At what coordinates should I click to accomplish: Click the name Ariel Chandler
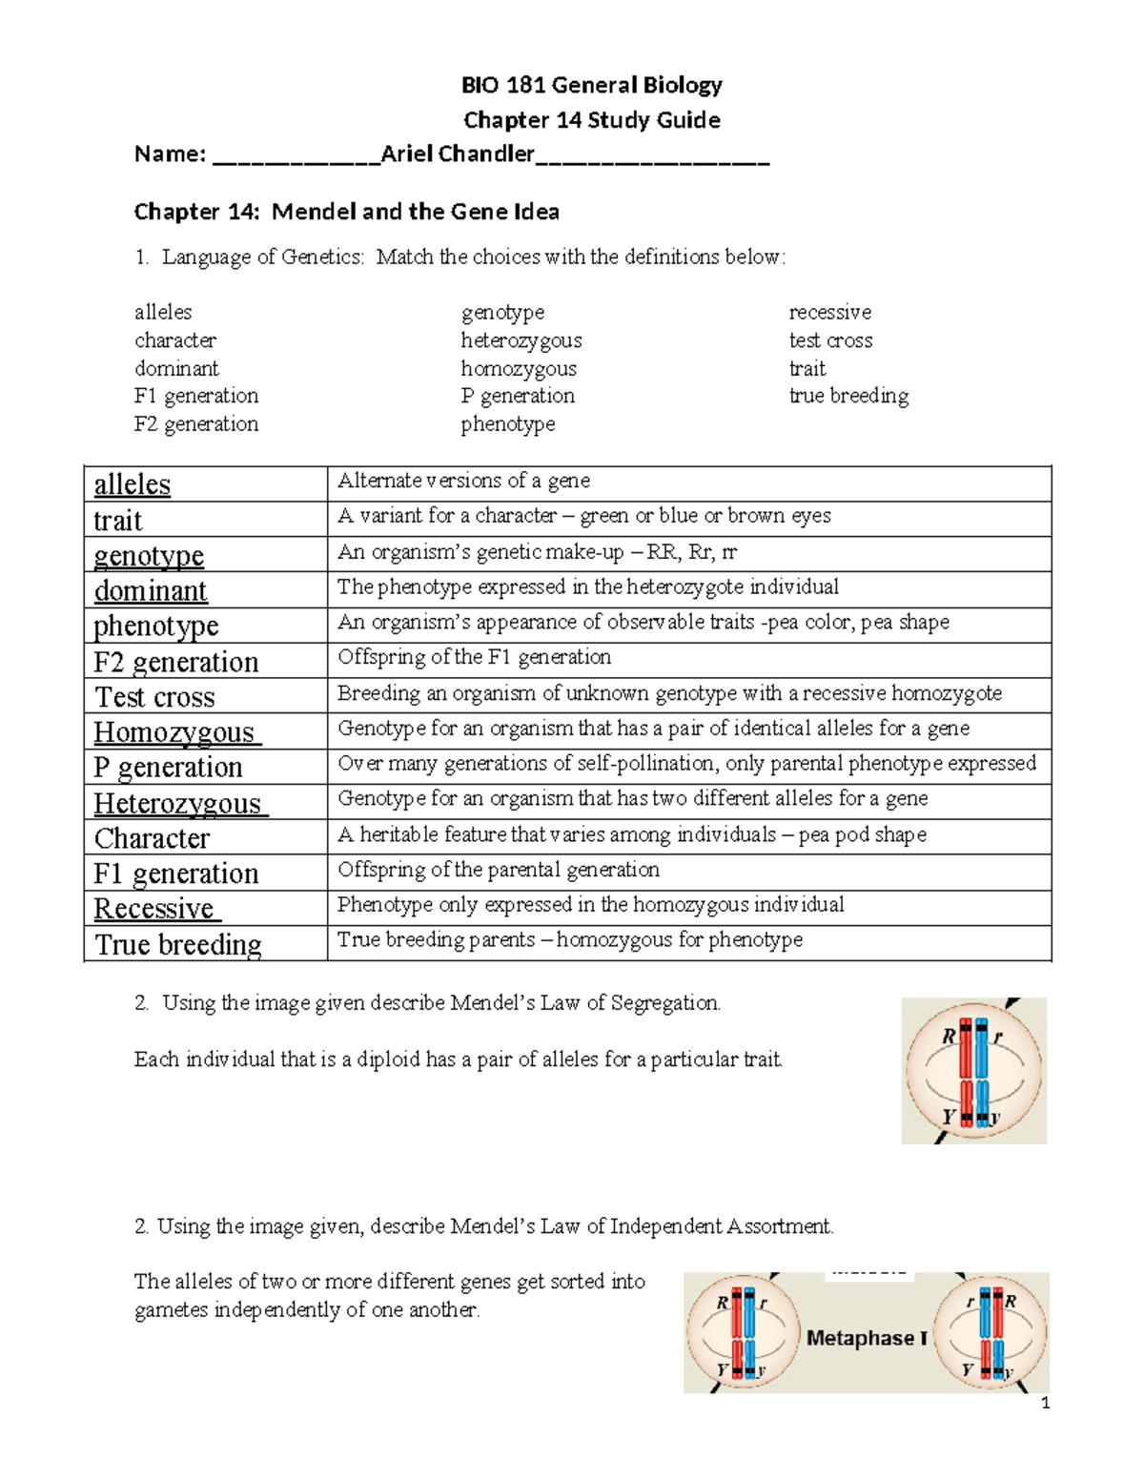(458, 154)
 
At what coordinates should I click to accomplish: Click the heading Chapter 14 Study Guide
(591, 120)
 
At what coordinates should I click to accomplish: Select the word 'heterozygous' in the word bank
(521, 340)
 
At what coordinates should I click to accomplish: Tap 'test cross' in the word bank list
(830, 340)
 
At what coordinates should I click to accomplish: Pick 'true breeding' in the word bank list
(848, 396)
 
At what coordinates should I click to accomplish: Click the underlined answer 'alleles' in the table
(133, 484)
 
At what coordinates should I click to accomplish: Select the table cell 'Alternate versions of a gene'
(463, 481)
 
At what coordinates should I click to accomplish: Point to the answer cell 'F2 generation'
(176, 662)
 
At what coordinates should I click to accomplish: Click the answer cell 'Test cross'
(155, 697)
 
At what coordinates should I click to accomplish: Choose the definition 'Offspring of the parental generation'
(499, 870)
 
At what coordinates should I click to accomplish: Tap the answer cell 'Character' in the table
(153, 838)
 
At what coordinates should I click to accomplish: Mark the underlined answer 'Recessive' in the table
(154, 909)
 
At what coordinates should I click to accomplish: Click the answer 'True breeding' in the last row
(178, 944)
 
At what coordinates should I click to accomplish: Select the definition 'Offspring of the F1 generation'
(475, 657)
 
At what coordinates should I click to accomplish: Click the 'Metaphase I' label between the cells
(867, 1338)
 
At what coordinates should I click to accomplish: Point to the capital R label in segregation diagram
(948, 1036)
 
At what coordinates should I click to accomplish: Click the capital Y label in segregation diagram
(948, 1116)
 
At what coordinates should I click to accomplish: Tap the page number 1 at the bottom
(1046, 1403)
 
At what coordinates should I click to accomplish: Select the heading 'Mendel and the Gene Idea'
(415, 212)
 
